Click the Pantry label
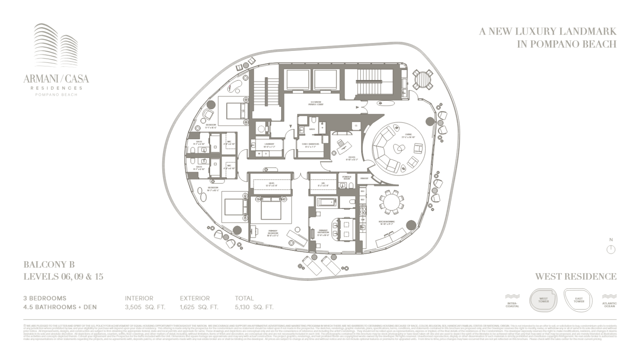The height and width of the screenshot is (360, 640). click(364, 178)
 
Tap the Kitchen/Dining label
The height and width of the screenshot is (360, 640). click(387, 223)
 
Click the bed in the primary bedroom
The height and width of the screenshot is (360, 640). click(270, 209)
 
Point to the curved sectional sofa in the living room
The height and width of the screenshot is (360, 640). click(383, 150)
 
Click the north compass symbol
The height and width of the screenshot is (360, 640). click(611, 249)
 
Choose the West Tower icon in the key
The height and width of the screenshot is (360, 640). click(543, 300)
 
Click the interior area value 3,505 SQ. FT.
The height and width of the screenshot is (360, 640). click(145, 307)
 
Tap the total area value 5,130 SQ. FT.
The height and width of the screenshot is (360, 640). click(254, 307)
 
